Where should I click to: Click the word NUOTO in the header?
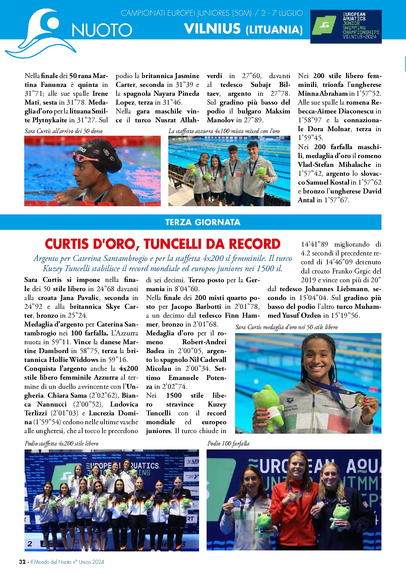(102, 30)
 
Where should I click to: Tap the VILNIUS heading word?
(212, 29)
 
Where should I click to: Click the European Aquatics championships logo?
(346, 27)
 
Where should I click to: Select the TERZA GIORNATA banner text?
(203, 222)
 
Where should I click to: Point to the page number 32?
(22, 562)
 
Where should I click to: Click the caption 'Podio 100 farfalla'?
(228, 444)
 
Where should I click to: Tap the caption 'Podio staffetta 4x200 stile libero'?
(61, 444)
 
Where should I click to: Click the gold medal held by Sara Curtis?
(360, 400)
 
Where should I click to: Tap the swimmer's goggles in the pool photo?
(86, 159)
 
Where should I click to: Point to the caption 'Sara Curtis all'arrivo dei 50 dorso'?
(64, 131)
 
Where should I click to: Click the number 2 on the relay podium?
(30, 544)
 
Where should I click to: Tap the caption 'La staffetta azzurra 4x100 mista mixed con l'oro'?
(224, 131)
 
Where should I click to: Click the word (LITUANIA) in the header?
(274, 30)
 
